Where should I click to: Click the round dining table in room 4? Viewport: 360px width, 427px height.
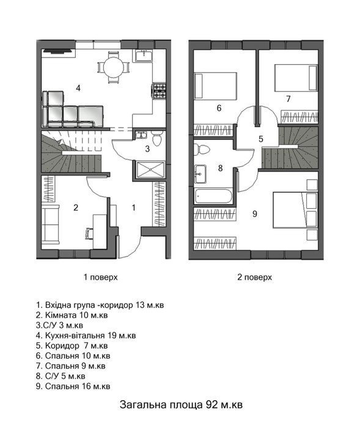pyautogui.click(x=113, y=68)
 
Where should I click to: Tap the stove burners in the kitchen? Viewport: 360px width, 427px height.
pyautogui.click(x=160, y=90)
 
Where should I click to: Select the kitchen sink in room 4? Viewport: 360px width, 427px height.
pyautogui.click(x=144, y=56)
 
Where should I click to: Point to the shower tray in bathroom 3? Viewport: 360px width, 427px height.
pyautogui.click(x=150, y=170)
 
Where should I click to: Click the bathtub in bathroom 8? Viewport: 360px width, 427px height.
pyautogui.click(x=213, y=196)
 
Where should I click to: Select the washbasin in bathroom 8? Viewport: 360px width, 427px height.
pyautogui.click(x=200, y=173)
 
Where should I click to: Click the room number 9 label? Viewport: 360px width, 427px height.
pyautogui.click(x=254, y=214)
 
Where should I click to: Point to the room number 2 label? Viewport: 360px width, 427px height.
pyautogui.click(x=76, y=208)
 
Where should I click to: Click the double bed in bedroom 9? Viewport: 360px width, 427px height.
pyautogui.click(x=295, y=210)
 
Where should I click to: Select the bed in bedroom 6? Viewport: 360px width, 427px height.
pyautogui.click(x=215, y=86)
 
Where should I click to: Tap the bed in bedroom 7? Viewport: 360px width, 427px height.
pyautogui.click(x=296, y=78)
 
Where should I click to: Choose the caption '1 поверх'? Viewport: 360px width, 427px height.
pyautogui.click(x=101, y=277)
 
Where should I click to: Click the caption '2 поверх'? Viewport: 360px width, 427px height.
pyautogui.click(x=254, y=277)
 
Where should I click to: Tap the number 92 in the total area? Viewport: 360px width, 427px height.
pyautogui.click(x=211, y=404)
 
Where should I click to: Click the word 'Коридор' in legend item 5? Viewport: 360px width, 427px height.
pyautogui.click(x=62, y=346)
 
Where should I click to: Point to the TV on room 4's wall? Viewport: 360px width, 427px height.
pyautogui.click(x=58, y=51)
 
